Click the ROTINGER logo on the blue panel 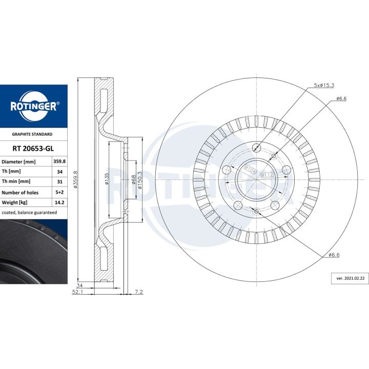(x=34, y=106)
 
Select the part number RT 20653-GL (x=33, y=149)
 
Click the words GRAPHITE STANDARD (x=32, y=134)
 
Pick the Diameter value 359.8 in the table (x=59, y=161)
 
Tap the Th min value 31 (x=60, y=181)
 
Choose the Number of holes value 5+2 (x=59, y=192)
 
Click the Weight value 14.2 (x=59, y=202)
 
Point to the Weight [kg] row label (x=14, y=202)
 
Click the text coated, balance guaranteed (x=29, y=213)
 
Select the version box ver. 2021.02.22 (x=350, y=278)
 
